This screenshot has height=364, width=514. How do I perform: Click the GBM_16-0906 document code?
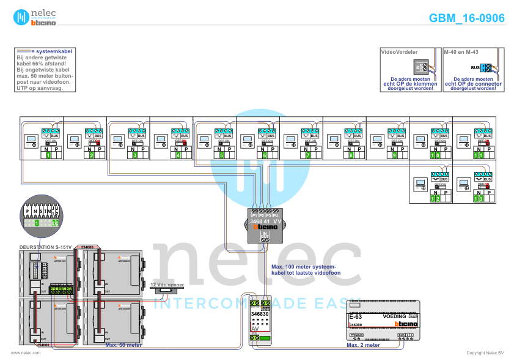(466, 18)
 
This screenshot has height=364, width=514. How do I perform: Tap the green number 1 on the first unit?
(48, 155)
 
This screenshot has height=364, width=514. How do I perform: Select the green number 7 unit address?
(308, 155)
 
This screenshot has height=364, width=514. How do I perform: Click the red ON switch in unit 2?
(97, 142)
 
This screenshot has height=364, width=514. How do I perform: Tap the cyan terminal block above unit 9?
(393, 132)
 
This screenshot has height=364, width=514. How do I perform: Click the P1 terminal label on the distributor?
(254, 215)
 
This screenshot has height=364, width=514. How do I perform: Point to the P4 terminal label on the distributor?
(276, 215)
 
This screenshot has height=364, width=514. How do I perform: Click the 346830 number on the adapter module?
(260, 314)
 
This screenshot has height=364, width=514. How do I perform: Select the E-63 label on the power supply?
(356, 316)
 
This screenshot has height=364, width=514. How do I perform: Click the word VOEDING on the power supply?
(394, 316)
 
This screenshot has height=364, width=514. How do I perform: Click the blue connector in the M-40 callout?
(486, 68)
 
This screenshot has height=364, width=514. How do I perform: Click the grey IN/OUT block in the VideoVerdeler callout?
(422, 67)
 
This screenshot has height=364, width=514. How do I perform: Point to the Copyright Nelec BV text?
(485, 353)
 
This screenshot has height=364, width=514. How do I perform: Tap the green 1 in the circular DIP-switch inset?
(37, 223)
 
